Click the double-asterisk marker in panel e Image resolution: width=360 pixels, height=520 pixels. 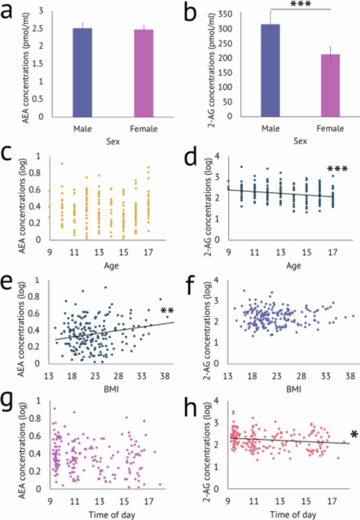pos(166,311)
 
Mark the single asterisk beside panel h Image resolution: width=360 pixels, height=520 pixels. pos(354,433)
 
